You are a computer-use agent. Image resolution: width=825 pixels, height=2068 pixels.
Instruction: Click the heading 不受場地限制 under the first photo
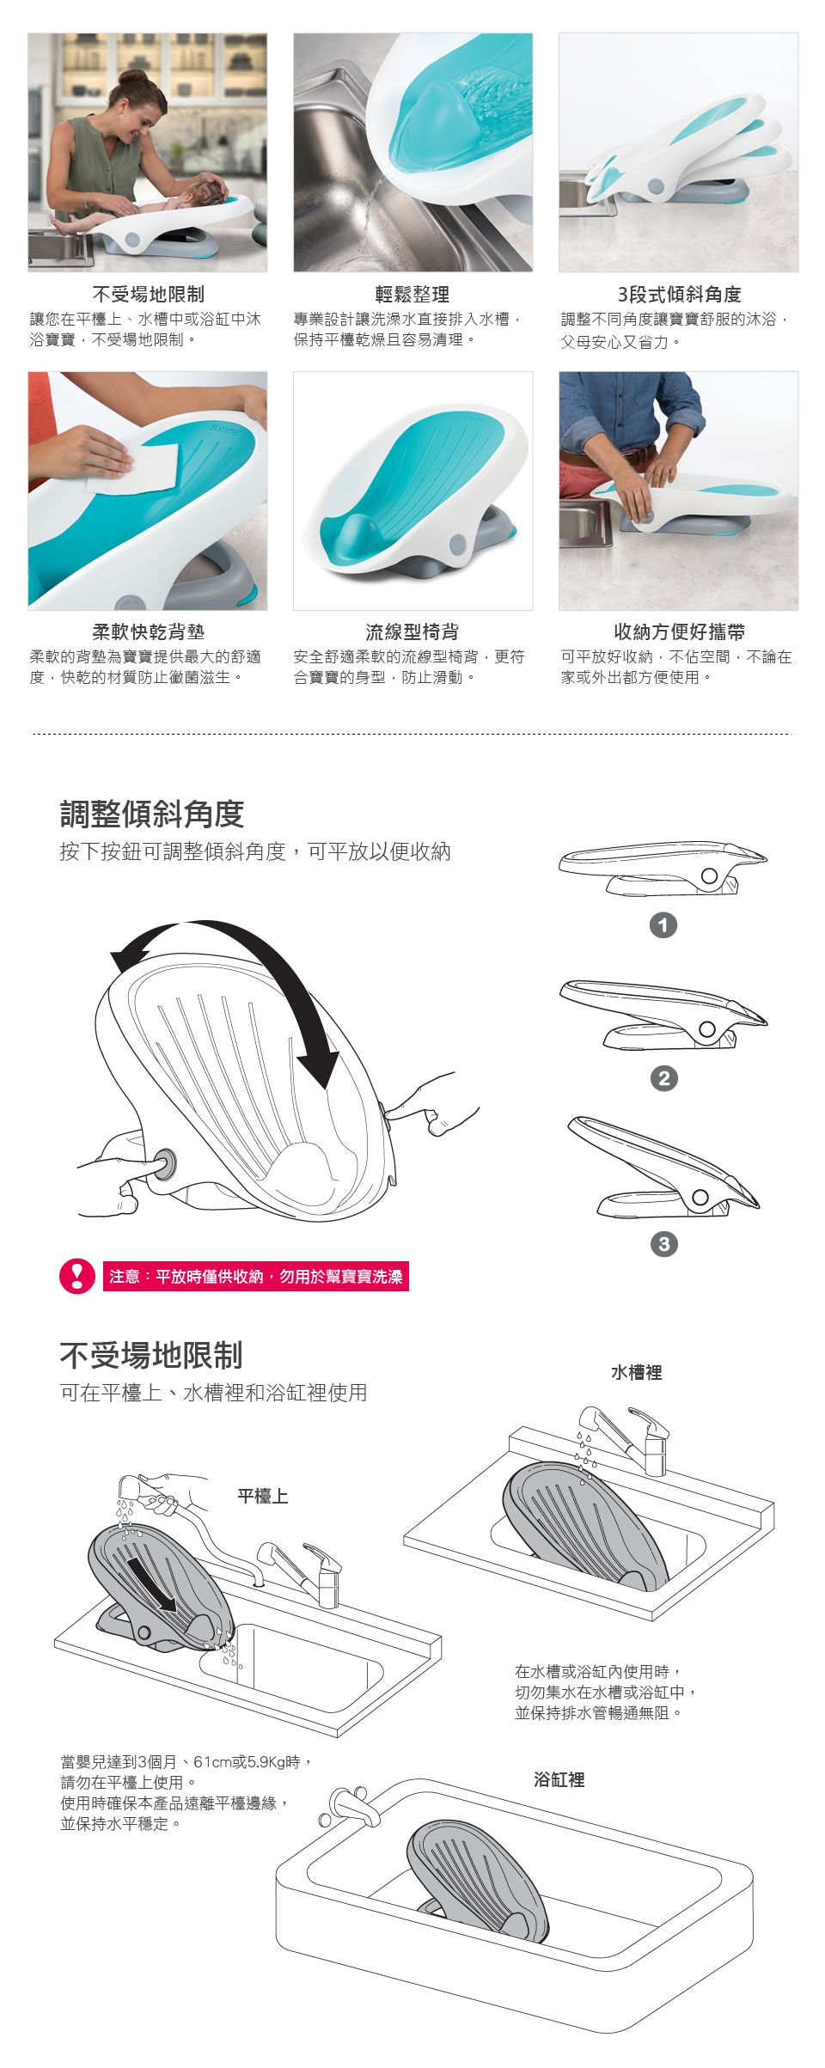149,295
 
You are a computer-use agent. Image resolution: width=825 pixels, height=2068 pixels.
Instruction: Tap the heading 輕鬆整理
412,295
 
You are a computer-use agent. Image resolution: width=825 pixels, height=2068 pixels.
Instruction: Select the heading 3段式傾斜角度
679,295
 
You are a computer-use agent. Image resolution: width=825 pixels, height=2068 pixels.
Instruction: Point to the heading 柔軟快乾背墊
149,632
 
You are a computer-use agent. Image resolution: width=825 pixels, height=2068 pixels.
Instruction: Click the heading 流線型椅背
412,632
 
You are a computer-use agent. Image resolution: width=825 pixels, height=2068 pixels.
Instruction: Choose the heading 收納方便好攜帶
679,632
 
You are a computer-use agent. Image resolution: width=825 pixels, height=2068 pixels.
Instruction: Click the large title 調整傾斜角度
152,814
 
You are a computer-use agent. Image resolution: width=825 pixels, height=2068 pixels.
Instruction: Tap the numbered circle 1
663,925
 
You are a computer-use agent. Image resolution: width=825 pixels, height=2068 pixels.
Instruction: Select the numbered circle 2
663,1078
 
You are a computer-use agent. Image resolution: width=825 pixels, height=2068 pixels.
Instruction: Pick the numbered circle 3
663,1244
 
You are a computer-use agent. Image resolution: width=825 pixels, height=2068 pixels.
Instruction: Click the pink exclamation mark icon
77,1276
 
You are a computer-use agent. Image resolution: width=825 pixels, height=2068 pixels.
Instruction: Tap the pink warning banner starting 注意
256,1277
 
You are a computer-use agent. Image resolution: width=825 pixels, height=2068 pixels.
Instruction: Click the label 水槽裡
637,1373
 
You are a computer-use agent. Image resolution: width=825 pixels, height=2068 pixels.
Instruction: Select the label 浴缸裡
559,1780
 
